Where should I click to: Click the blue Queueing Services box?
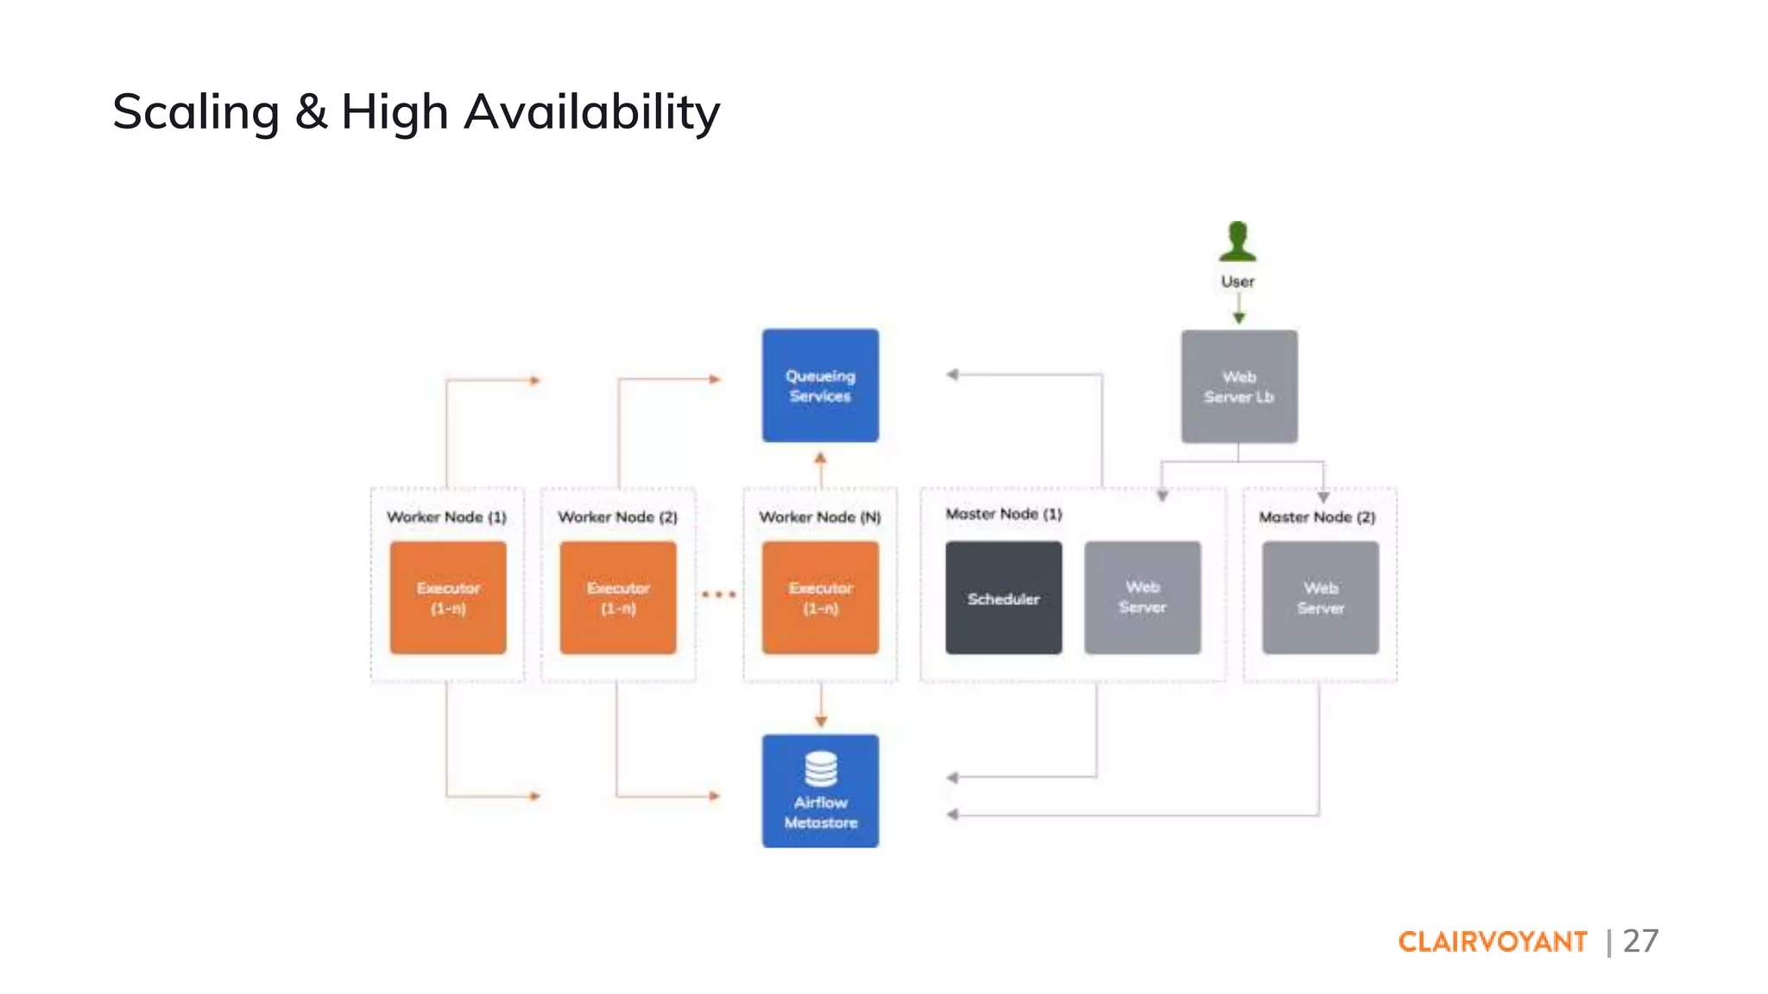pos(820,386)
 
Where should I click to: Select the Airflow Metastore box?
pos(820,791)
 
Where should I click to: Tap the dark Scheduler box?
pos(1003,598)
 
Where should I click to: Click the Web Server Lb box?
pos(1239,387)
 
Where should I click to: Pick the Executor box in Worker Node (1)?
pos(448,598)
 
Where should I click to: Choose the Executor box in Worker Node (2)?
pos(618,598)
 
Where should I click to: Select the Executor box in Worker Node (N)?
pos(820,598)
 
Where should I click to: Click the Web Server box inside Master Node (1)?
pos(1142,598)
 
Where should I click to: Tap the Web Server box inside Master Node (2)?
pos(1320,598)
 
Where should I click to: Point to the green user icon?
pos(1238,242)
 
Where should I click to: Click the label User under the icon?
pos(1238,281)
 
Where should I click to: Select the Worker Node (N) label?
pos(820,517)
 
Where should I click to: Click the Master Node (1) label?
pos(1003,514)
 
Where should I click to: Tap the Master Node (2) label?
pos(1317,517)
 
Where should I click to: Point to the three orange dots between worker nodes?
pos(718,595)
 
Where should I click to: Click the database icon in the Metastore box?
pos(820,768)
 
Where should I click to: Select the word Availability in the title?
pos(591,112)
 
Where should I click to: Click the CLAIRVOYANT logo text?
pos(1493,941)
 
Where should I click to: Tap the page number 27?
pos(1640,941)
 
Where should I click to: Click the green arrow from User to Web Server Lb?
pos(1239,308)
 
